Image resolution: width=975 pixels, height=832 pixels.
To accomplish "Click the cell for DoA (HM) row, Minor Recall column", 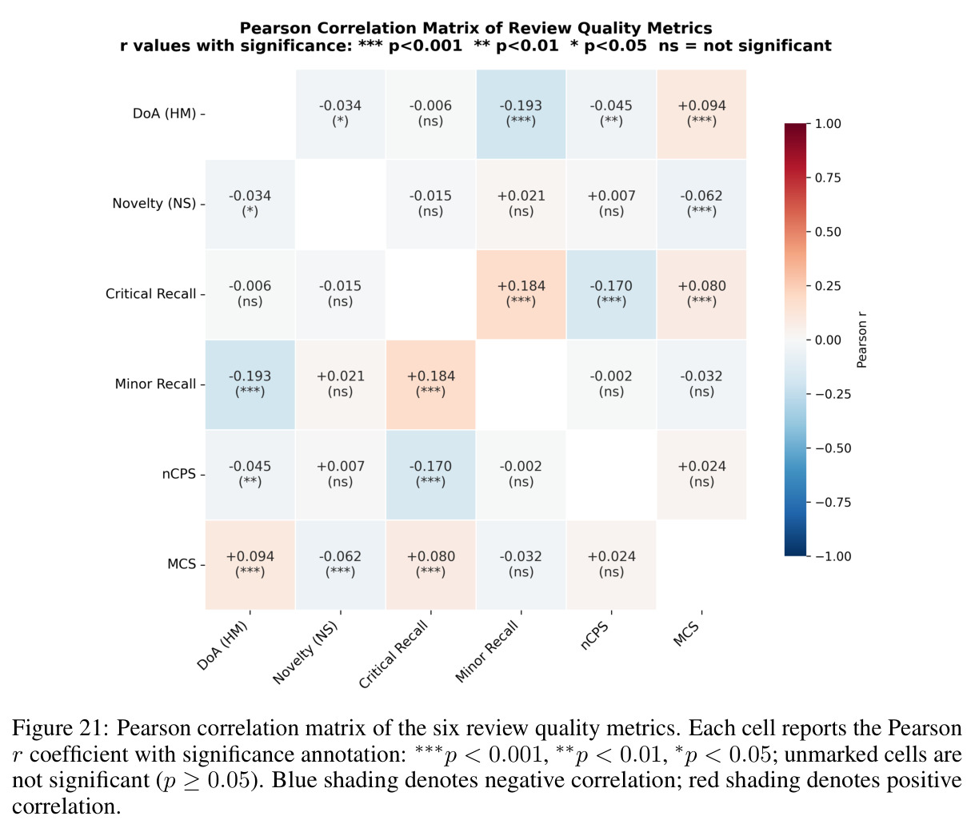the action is (521, 114).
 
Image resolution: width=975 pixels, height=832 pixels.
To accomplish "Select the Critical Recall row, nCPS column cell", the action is (611, 294).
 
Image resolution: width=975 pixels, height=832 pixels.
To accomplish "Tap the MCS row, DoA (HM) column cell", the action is (250, 564).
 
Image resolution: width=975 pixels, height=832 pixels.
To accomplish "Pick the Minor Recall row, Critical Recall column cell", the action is (430, 384).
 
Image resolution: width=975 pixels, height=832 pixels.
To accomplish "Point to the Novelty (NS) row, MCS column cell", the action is (701, 204).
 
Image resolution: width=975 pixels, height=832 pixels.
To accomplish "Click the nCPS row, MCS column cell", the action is (701, 474).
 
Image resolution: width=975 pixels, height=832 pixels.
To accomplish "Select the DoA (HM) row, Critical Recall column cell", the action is (430, 114).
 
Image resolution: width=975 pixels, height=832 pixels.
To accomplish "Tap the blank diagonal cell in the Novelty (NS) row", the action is (341, 204).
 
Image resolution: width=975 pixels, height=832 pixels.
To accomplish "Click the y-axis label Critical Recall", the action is (150, 293).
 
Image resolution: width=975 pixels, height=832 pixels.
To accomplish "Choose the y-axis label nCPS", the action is (179, 474).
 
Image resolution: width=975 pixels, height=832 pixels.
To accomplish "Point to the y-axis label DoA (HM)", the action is (164, 113).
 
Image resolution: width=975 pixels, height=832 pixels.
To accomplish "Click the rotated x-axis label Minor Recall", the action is (487, 651).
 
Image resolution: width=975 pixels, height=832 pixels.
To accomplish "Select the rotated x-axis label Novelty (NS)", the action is (306, 652).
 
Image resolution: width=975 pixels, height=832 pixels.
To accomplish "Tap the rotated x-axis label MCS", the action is (686, 633).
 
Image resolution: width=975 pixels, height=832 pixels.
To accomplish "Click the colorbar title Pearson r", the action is (861, 340).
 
